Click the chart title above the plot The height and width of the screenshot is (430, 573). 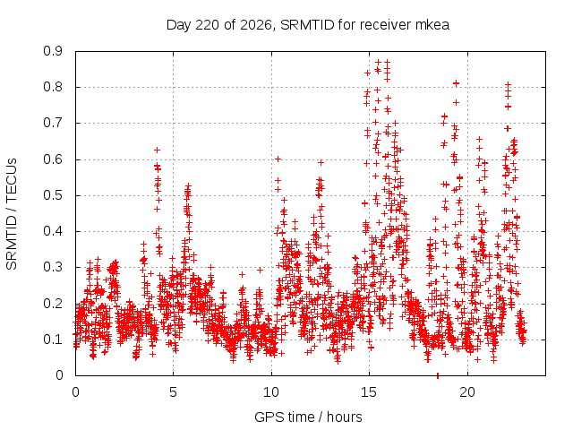308,25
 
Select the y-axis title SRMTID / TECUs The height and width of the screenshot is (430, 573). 12,214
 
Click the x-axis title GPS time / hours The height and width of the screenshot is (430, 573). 308,417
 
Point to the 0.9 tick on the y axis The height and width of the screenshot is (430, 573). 53,51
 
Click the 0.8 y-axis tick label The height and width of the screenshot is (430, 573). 53,87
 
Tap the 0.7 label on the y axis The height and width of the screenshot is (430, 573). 53,123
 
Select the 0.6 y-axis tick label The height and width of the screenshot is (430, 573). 53,159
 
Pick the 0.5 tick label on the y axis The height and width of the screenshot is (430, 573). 53,195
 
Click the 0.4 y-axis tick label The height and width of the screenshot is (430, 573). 53,231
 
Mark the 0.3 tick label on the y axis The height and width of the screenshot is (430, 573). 53,267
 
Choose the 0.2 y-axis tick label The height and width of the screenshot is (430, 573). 53,303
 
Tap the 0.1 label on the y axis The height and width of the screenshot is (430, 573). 53,340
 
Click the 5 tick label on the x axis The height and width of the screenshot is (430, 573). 173,392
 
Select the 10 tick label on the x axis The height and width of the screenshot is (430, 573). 271,392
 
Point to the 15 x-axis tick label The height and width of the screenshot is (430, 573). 369,392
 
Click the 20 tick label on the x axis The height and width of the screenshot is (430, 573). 467,392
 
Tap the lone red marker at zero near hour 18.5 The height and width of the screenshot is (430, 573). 438,376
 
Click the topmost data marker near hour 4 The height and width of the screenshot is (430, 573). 158,150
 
